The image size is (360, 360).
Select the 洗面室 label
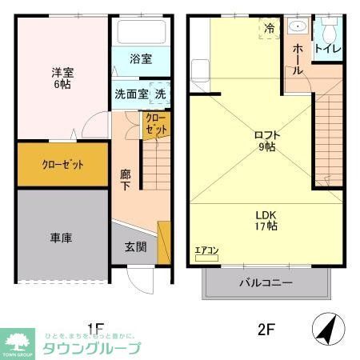(130, 94)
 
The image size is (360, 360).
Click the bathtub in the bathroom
(141, 33)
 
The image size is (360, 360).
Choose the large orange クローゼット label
(62, 165)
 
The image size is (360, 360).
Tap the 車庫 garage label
(62, 238)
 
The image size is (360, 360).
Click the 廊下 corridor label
(126, 179)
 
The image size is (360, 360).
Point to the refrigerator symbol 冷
(270, 28)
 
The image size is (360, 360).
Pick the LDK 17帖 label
(266, 219)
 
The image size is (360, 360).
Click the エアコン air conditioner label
(206, 250)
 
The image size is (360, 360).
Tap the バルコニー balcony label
(266, 282)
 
